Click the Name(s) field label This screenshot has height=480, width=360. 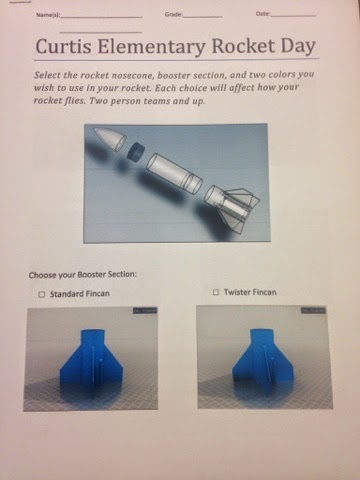48,15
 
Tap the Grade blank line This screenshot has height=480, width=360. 203,17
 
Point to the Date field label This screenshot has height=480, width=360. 263,14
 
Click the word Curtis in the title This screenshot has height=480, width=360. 63,46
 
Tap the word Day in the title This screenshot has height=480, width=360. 298,47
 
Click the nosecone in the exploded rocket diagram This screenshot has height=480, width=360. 109,138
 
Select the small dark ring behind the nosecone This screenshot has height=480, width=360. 136,152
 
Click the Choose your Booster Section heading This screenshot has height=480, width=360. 83,275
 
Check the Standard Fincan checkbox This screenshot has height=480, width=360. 42,294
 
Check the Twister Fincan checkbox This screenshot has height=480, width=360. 216,292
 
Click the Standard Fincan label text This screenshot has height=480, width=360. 80,294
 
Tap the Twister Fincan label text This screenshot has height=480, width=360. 250,292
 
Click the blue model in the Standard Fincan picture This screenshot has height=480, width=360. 92,362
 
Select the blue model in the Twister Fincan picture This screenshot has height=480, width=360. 263,362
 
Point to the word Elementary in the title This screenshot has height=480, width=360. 151,47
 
